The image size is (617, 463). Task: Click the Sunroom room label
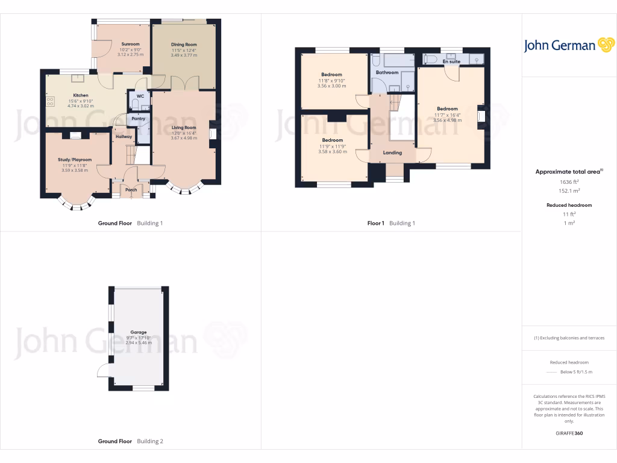(x=130, y=44)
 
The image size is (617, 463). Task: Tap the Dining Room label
(x=184, y=45)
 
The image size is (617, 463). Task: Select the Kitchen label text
(x=81, y=95)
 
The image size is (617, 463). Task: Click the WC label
(x=140, y=96)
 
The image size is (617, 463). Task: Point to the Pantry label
(x=139, y=118)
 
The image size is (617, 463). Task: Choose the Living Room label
(x=184, y=128)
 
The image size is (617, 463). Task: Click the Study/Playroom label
(x=75, y=160)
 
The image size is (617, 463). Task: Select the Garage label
(x=139, y=332)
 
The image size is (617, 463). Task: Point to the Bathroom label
(x=387, y=72)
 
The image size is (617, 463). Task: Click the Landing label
(x=393, y=153)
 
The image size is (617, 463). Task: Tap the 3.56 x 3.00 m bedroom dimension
(x=331, y=86)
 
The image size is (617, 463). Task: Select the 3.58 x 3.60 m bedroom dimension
(x=333, y=151)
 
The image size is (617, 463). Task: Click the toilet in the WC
(x=134, y=103)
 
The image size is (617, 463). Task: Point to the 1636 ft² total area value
(x=569, y=181)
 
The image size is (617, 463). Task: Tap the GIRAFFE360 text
(x=569, y=433)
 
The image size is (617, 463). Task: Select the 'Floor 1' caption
(x=376, y=223)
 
